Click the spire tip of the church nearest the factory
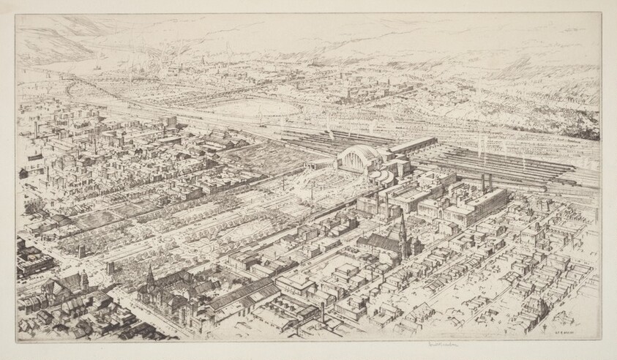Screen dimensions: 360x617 (400, 214)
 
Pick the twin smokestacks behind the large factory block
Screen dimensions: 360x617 (485, 182)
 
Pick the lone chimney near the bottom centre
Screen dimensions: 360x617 (322, 311)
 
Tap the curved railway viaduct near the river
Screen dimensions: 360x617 (81, 91)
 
